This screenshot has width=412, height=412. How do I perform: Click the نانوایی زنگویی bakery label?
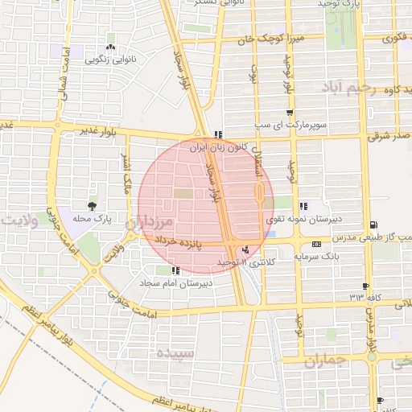tap(109, 60)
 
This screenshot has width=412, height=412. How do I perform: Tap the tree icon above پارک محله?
tap(94, 206)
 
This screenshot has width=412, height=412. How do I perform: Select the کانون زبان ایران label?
tap(216, 148)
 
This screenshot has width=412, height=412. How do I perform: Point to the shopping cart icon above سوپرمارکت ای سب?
tap(289, 113)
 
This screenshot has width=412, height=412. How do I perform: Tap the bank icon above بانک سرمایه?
tap(315, 243)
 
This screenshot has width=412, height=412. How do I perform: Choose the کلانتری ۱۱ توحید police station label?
tap(245, 262)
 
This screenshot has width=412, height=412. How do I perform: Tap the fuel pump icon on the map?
tap(372, 225)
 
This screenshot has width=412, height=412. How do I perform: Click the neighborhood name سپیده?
tap(175, 352)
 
